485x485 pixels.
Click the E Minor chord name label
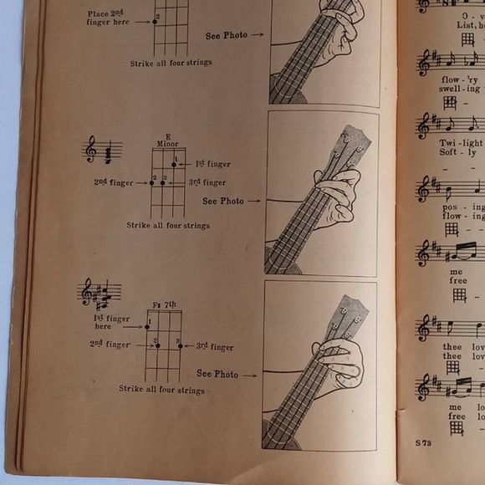tap(167, 140)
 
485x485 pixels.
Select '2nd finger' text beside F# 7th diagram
tap(111, 345)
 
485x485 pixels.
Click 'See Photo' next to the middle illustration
tap(222, 201)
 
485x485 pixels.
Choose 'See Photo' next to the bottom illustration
tap(217, 374)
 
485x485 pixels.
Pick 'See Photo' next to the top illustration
tap(226, 36)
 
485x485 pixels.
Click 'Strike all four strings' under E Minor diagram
tap(168, 225)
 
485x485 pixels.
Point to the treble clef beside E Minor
tap(90, 151)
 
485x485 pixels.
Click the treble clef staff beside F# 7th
tap(99, 294)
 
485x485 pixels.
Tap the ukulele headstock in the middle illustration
tap(351, 145)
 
